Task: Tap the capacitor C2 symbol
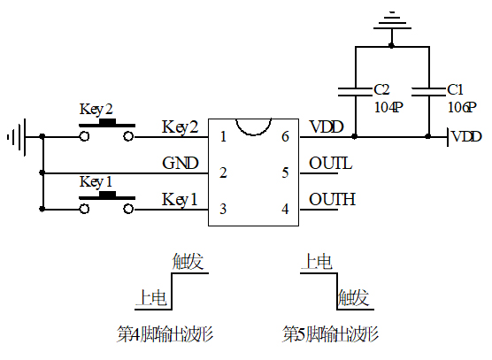coord(354,90)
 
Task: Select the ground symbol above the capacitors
coord(391,22)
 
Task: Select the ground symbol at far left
coord(16,137)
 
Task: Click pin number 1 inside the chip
coord(223,137)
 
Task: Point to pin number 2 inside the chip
coord(223,172)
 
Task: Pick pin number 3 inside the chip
coord(223,209)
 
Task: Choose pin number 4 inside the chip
coord(285,209)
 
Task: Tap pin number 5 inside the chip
coord(285,172)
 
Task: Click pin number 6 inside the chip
coord(285,137)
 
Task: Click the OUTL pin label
coord(331,164)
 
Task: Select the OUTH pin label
coord(332,200)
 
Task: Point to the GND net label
coord(181,164)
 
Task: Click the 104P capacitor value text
coord(388,106)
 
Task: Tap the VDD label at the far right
coord(466,137)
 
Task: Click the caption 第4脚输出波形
coord(166,334)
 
